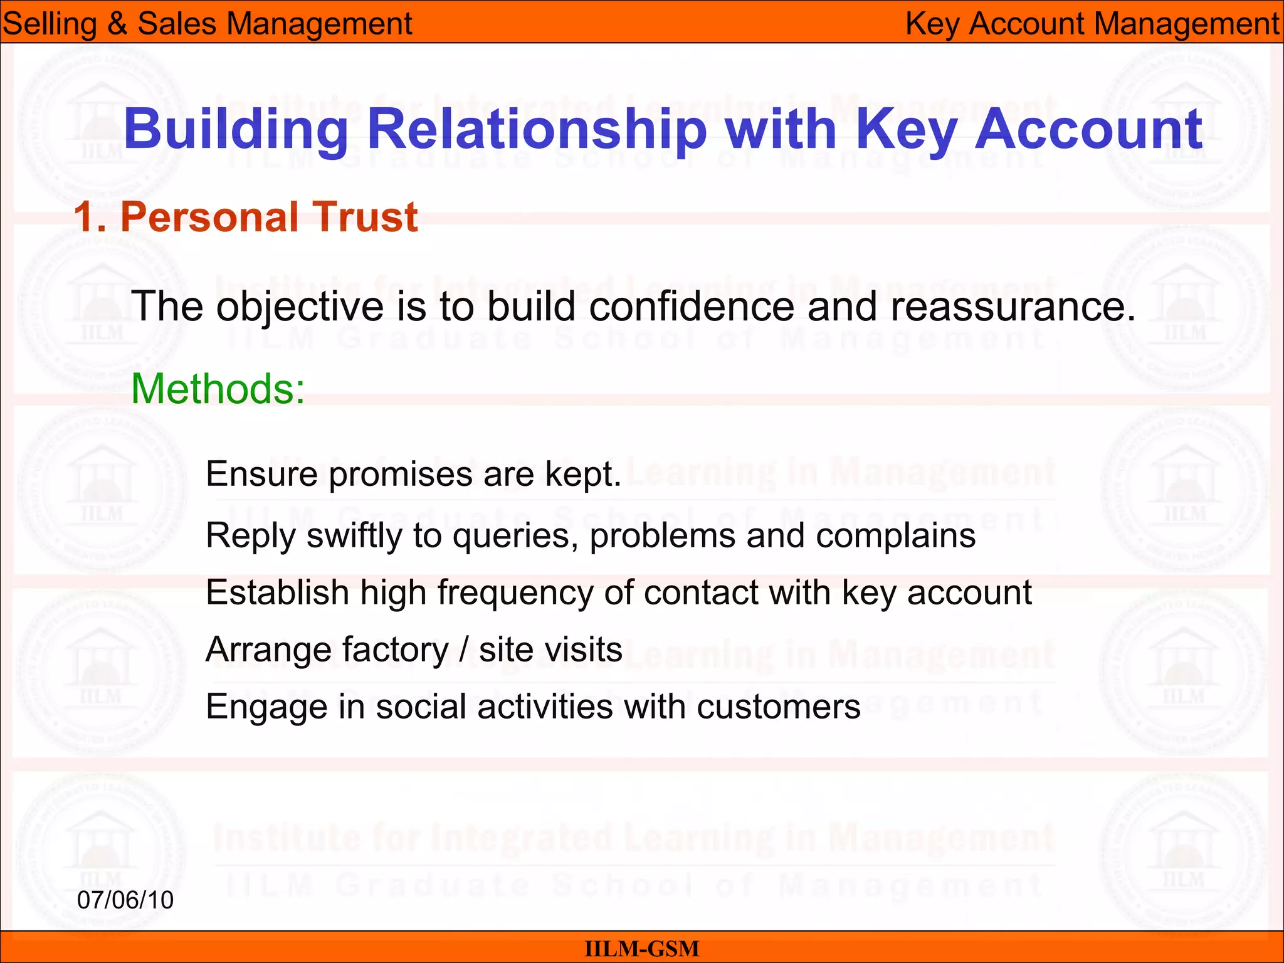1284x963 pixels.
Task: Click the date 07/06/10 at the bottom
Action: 125,900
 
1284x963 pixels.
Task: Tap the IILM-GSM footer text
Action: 641,949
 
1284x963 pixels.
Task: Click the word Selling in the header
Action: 50,24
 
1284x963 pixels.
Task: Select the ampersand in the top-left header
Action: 117,24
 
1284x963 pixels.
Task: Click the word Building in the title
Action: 236,130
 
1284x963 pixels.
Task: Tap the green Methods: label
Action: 218,389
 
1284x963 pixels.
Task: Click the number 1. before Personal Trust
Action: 90,218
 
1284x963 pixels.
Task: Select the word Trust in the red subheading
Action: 366,218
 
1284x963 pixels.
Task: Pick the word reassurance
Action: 1012,307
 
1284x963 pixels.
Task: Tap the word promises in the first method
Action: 401,475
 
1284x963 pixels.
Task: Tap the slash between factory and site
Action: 464,650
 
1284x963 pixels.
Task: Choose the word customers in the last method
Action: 778,707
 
